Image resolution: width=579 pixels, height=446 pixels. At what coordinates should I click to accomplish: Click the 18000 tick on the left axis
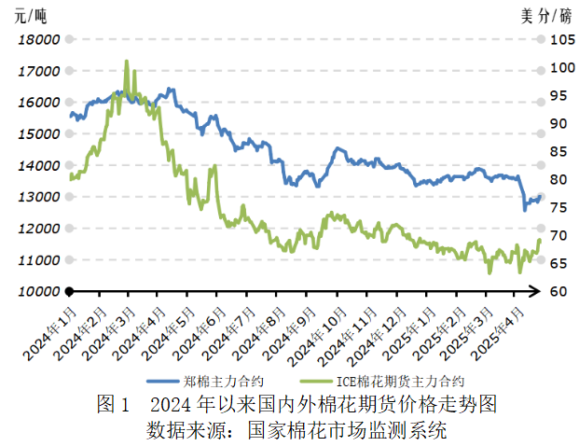point(40,40)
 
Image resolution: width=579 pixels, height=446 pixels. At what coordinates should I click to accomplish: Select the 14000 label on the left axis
point(40,166)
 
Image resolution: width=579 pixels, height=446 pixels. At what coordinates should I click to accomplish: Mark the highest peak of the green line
point(127,62)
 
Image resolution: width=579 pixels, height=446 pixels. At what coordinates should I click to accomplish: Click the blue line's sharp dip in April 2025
point(525,209)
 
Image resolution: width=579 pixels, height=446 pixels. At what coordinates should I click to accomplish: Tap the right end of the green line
point(539,241)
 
